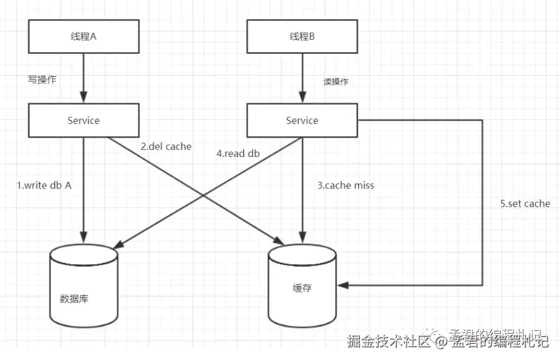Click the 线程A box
(x=84, y=37)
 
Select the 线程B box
(x=302, y=37)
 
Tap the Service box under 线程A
(x=84, y=121)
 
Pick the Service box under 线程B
(x=302, y=121)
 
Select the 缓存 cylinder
(x=302, y=286)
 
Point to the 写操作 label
(x=42, y=80)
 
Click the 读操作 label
(x=336, y=82)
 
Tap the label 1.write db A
(x=44, y=186)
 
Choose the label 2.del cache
(x=166, y=147)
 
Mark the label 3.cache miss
(x=345, y=186)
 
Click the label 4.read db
(x=238, y=153)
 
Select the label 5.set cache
(x=525, y=204)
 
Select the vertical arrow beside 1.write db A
(x=84, y=191)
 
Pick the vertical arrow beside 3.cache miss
(x=302, y=191)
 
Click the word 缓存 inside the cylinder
(x=302, y=288)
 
